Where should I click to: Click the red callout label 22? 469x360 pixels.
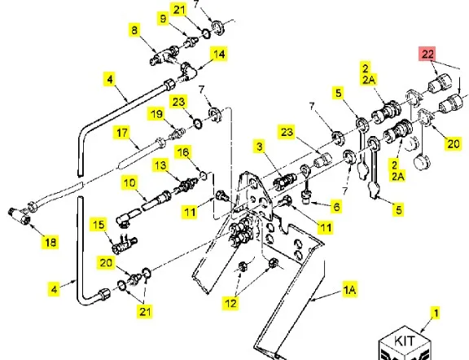427,54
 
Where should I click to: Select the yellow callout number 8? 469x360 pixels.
134,30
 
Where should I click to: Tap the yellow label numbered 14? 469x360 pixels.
219,54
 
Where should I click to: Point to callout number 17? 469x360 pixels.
122,133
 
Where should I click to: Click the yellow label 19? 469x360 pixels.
156,114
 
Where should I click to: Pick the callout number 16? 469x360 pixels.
183,152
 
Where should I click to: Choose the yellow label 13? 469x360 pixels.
160,165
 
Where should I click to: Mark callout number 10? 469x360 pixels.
129,182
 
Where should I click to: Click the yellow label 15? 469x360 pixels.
99,225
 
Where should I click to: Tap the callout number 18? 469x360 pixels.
50,242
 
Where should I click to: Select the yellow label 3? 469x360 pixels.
259,147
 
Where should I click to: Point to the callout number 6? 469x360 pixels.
336,207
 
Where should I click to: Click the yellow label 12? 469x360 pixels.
230,303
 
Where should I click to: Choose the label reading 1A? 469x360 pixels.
349,290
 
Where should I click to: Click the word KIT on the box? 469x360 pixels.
405,340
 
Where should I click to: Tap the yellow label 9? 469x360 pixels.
163,19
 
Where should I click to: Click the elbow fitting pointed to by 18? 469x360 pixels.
20,216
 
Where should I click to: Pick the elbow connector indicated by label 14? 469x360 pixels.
187,71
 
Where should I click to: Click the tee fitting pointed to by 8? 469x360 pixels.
164,55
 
